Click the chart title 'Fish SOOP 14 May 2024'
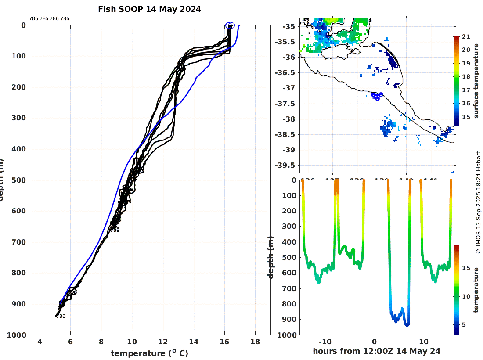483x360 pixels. (x=150, y=9)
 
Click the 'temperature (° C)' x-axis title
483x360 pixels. (x=149, y=353)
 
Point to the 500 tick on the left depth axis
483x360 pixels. (x=20, y=180)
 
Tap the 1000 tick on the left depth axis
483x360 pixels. (x=17, y=335)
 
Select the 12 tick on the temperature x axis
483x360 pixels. (x=163, y=342)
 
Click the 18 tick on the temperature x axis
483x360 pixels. (x=255, y=342)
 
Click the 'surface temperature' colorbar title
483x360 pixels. (x=476, y=82)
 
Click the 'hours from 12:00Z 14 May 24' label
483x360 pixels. (x=376, y=351)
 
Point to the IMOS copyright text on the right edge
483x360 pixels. (x=478, y=202)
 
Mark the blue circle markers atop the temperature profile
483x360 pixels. (x=230, y=25)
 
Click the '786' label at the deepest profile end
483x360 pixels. (x=61, y=316)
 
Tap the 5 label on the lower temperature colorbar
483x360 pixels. (x=464, y=324)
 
